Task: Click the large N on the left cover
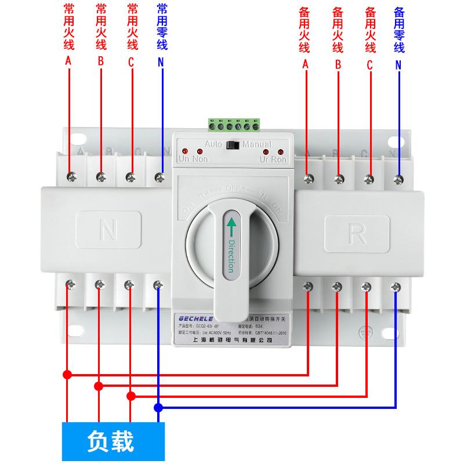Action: [108, 231]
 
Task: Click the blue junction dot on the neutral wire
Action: [158, 408]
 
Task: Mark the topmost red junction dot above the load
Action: [68, 374]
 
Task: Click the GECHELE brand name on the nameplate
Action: [193, 317]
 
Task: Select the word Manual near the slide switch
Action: [257, 144]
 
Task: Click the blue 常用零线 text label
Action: [162, 28]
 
